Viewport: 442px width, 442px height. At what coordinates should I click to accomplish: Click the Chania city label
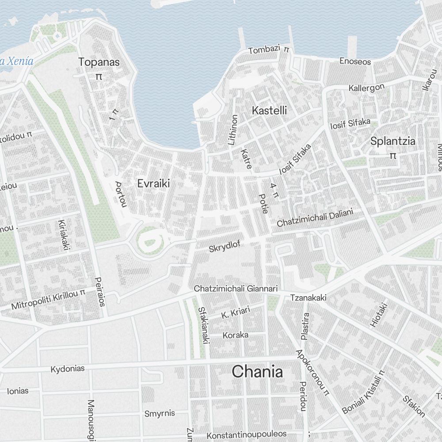(x=257, y=372)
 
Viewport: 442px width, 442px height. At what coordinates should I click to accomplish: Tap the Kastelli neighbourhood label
(x=269, y=110)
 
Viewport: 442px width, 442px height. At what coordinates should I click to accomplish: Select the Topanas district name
(x=99, y=62)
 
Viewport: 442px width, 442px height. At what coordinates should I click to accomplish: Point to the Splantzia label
(x=392, y=141)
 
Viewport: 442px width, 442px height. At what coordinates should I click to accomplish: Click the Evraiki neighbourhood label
(x=153, y=183)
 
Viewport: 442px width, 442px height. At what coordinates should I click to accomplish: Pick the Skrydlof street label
(x=225, y=246)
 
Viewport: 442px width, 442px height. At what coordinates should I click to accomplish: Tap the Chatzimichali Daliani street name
(x=315, y=218)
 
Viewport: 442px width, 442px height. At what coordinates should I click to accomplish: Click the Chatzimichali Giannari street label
(x=236, y=288)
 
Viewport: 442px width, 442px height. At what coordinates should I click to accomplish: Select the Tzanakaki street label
(x=308, y=298)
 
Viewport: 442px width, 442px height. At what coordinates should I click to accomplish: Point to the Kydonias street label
(x=67, y=369)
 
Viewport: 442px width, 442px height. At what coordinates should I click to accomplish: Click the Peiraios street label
(x=100, y=292)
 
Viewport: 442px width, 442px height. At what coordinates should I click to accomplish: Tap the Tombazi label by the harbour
(x=264, y=50)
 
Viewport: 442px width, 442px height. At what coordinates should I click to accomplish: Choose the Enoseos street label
(x=355, y=61)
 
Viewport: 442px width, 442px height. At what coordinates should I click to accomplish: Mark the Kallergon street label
(x=366, y=88)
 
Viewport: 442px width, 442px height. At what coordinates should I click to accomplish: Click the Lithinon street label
(x=232, y=130)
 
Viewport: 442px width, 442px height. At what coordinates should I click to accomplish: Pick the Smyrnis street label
(x=160, y=414)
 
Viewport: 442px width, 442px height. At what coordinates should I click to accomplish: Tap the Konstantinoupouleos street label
(x=246, y=434)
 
